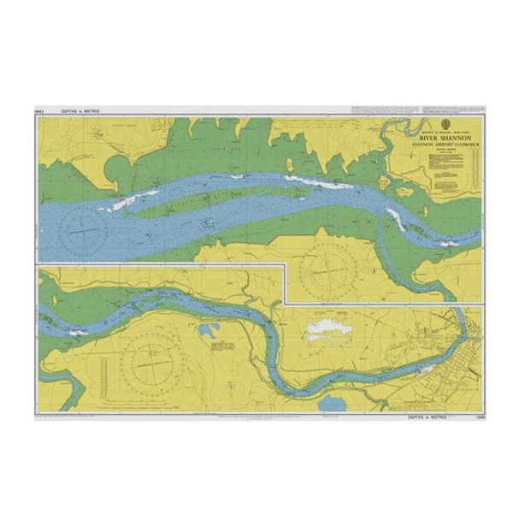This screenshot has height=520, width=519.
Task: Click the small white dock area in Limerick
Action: (425, 369)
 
